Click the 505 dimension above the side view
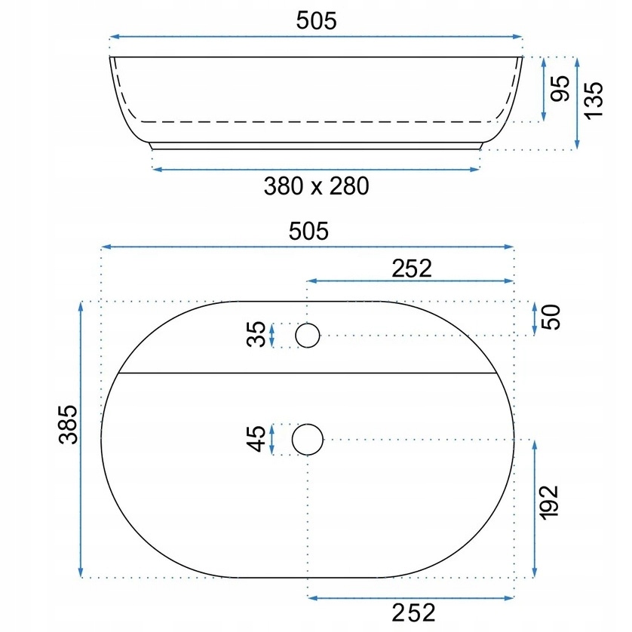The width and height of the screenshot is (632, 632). [x=316, y=21]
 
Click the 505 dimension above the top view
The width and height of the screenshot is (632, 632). [x=308, y=232]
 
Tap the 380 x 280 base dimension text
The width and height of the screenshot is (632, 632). [x=317, y=186]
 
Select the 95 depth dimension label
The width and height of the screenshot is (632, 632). [x=560, y=89]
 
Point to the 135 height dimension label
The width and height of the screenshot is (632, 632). [x=594, y=101]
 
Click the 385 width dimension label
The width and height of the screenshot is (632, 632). [x=68, y=425]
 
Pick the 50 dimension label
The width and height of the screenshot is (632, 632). [x=551, y=318]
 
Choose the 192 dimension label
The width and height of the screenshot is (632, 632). [x=549, y=502]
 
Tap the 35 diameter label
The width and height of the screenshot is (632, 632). [x=256, y=334]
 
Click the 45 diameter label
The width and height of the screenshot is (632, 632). [x=256, y=439]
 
